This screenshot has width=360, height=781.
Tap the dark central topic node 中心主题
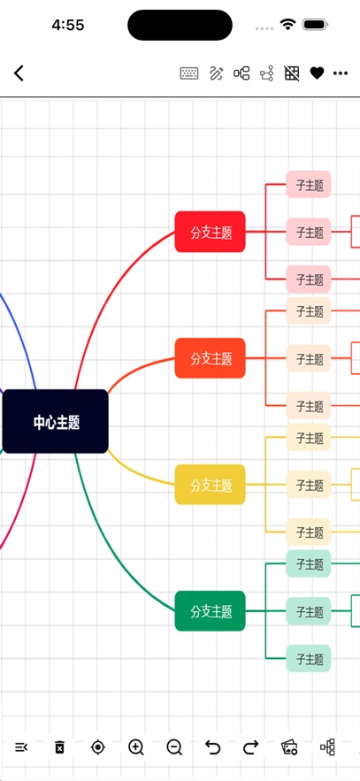pyautogui.click(x=55, y=421)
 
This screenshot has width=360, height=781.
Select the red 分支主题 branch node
pyautogui.click(x=211, y=232)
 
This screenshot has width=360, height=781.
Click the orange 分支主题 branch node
pyautogui.click(x=211, y=358)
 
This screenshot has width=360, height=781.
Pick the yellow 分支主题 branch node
pyautogui.click(x=211, y=485)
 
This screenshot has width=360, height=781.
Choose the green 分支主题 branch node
pyautogui.click(x=211, y=611)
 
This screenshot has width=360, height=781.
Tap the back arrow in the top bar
pyautogui.click(x=19, y=73)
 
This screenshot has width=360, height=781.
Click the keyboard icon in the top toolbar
pyautogui.click(x=189, y=73)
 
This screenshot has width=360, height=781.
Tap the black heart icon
pyautogui.click(x=318, y=73)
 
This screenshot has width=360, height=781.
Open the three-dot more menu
pyautogui.click(x=341, y=73)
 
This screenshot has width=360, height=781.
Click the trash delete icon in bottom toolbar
pyautogui.click(x=60, y=747)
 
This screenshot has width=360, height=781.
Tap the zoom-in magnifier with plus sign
pyautogui.click(x=136, y=747)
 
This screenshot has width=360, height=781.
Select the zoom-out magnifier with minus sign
pyautogui.click(x=174, y=747)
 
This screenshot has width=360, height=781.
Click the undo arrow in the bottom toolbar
pyautogui.click(x=212, y=747)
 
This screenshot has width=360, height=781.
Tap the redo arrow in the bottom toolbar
pyautogui.click(x=251, y=747)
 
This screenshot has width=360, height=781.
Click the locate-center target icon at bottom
pyautogui.click(x=98, y=747)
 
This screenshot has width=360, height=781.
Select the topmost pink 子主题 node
pyautogui.click(x=309, y=184)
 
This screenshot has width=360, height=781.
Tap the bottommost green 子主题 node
pyautogui.click(x=309, y=658)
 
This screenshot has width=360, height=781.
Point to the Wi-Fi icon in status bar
pyautogui.click(x=287, y=24)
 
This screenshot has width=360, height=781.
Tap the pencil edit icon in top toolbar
pyautogui.click(x=216, y=73)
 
